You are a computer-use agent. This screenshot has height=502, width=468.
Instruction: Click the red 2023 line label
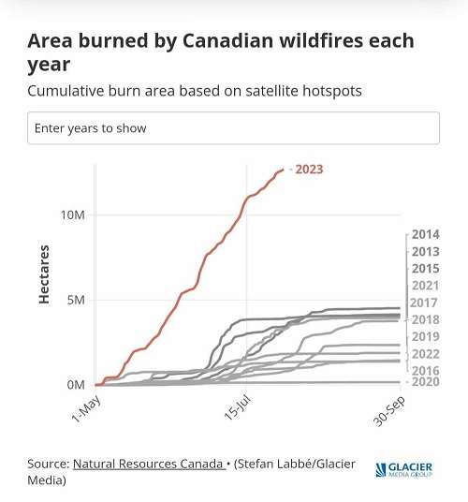[309, 170]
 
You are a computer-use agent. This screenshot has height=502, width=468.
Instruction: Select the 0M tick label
[77, 385]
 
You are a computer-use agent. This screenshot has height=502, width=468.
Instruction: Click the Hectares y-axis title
[44, 274]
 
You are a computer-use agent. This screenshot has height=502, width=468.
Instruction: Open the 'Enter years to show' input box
[233, 128]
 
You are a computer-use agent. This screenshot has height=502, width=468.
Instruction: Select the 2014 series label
[425, 234]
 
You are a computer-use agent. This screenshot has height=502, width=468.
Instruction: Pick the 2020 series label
[425, 382]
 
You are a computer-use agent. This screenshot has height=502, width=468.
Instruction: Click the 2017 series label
[424, 303]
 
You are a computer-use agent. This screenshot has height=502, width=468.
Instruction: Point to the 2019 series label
[425, 336]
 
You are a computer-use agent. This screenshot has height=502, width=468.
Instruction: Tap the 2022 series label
[425, 354]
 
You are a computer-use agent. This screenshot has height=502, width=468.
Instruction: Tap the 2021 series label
[425, 286]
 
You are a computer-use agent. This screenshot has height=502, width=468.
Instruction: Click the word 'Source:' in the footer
[48, 465]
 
